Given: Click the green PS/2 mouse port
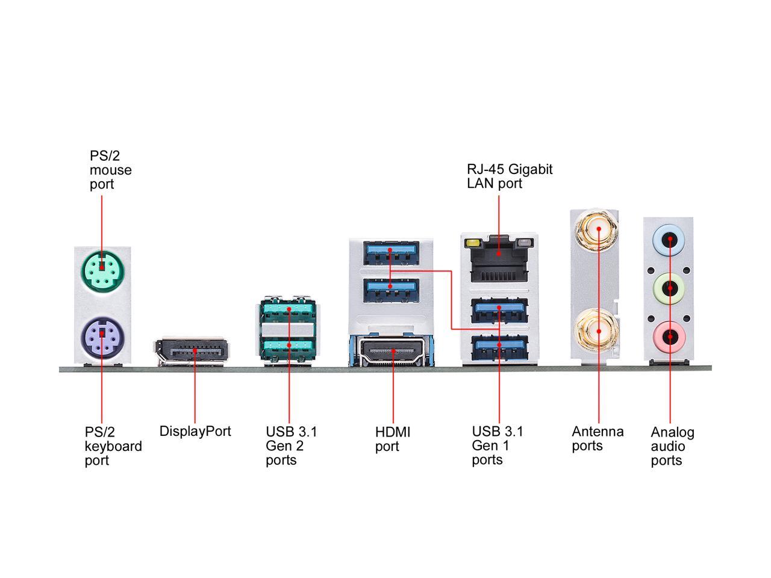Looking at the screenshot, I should [x=101, y=269].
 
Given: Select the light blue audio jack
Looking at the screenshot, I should [x=669, y=239].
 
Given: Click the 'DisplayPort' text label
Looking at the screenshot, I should [x=195, y=431].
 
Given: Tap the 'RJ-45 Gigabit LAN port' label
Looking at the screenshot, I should [x=509, y=176].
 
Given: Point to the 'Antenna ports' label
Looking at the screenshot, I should [x=597, y=438].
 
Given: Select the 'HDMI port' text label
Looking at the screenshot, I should [x=392, y=439].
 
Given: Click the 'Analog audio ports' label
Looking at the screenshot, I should [x=672, y=446].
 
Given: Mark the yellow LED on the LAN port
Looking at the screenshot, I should [x=473, y=244].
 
